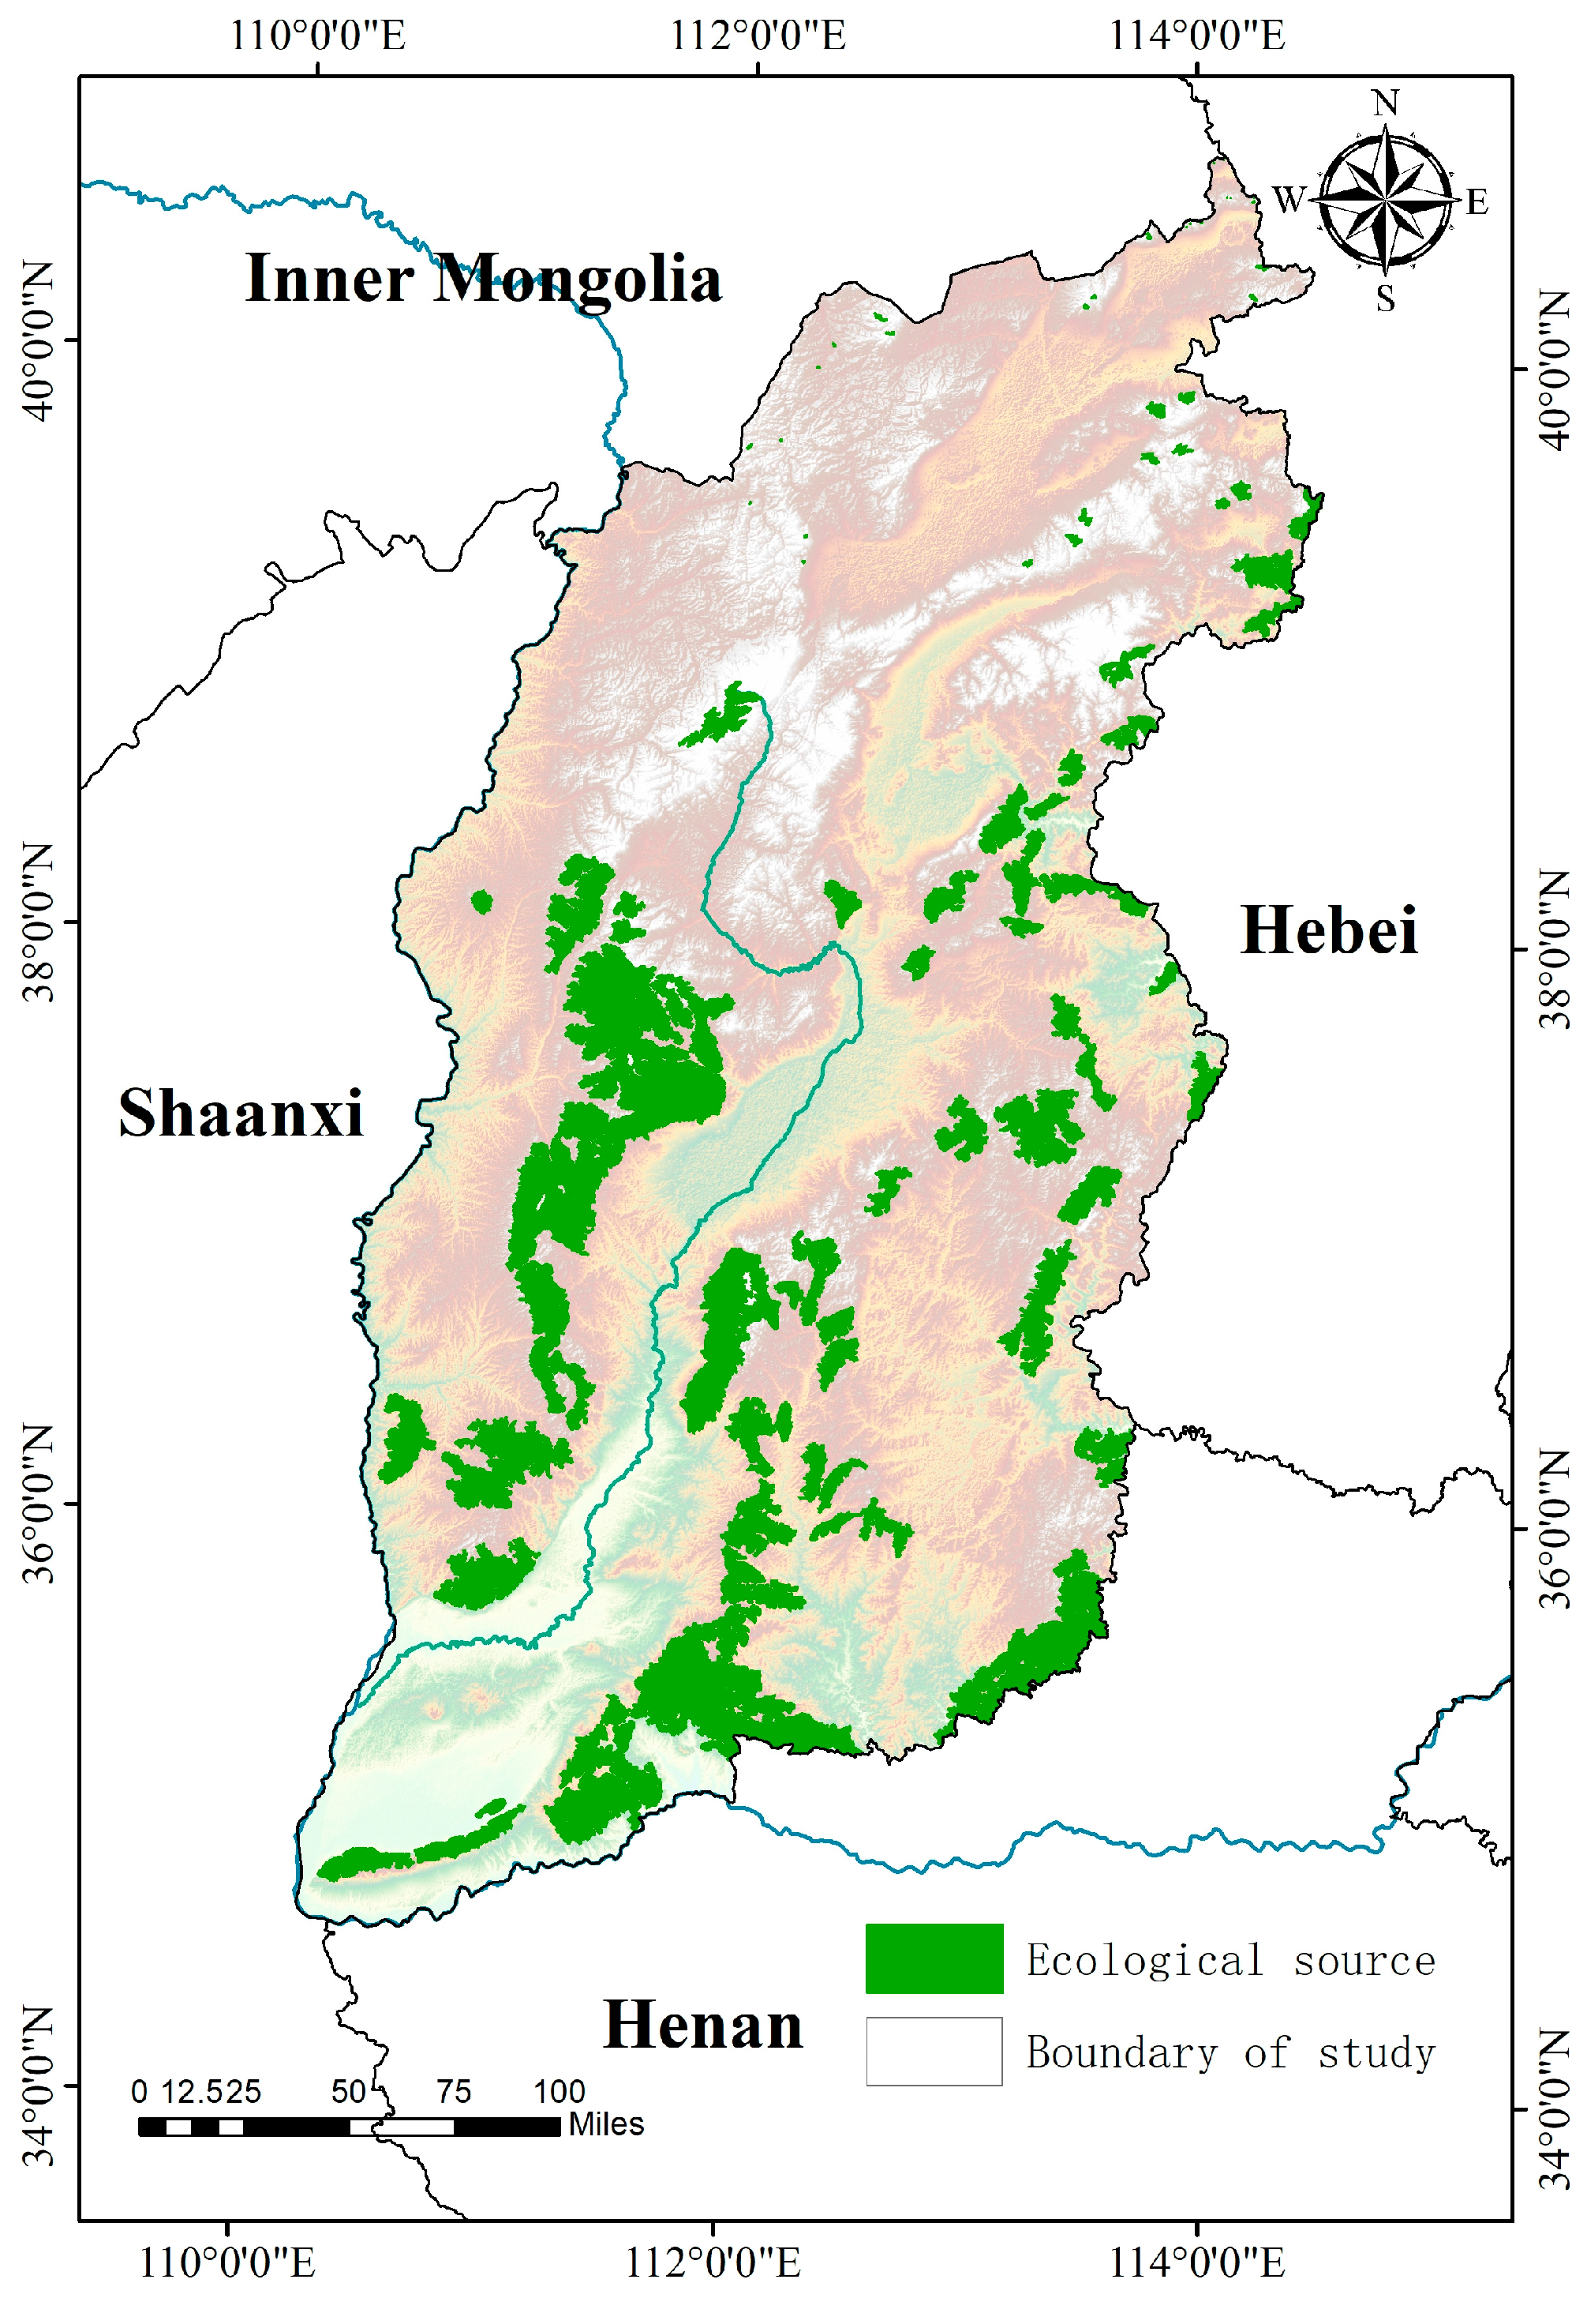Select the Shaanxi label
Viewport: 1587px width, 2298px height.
(241, 1113)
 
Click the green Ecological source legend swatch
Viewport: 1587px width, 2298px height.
(933, 1958)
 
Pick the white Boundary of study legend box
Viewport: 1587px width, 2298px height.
(933, 2052)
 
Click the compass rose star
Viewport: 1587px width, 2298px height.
(1384, 201)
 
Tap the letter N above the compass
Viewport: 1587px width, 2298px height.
(1385, 103)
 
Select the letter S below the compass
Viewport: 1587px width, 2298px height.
(1385, 298)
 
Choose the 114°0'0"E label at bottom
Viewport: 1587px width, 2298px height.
(1196, 2262)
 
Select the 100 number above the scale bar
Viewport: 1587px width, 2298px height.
(559, 2091)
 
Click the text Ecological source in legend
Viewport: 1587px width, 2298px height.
(1230, 1961)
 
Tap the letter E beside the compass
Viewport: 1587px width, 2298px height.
(1477, 203)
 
